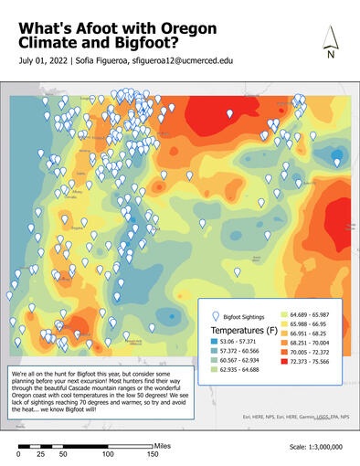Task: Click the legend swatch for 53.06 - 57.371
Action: [x=216, y=341]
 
